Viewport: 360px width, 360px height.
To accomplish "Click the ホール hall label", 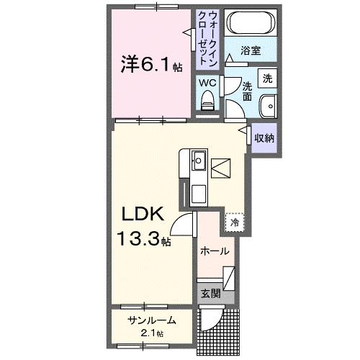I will point(215,251).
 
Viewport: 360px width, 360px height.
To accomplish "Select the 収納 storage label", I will point(263,138).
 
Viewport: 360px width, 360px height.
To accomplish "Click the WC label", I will point(207,83).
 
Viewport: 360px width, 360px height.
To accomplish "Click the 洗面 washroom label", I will point(246,89).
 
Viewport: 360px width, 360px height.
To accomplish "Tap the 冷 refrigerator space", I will point(234,222).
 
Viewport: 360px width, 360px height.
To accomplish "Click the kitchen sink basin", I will point(198,160).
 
